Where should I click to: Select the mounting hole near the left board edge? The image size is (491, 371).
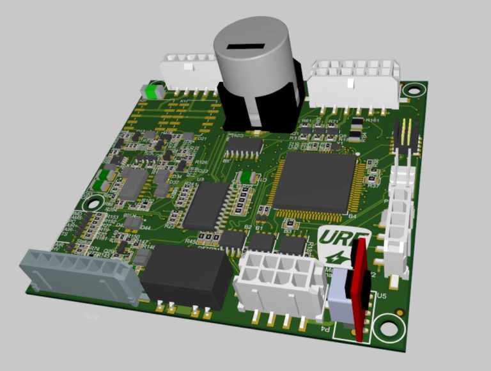point(94,204)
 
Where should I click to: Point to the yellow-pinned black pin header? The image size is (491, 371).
point(409,136)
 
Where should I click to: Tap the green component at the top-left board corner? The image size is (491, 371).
point(150,91)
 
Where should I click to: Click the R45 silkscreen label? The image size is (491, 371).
point(190,241)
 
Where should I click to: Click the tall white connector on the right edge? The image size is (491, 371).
point(396,217)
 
